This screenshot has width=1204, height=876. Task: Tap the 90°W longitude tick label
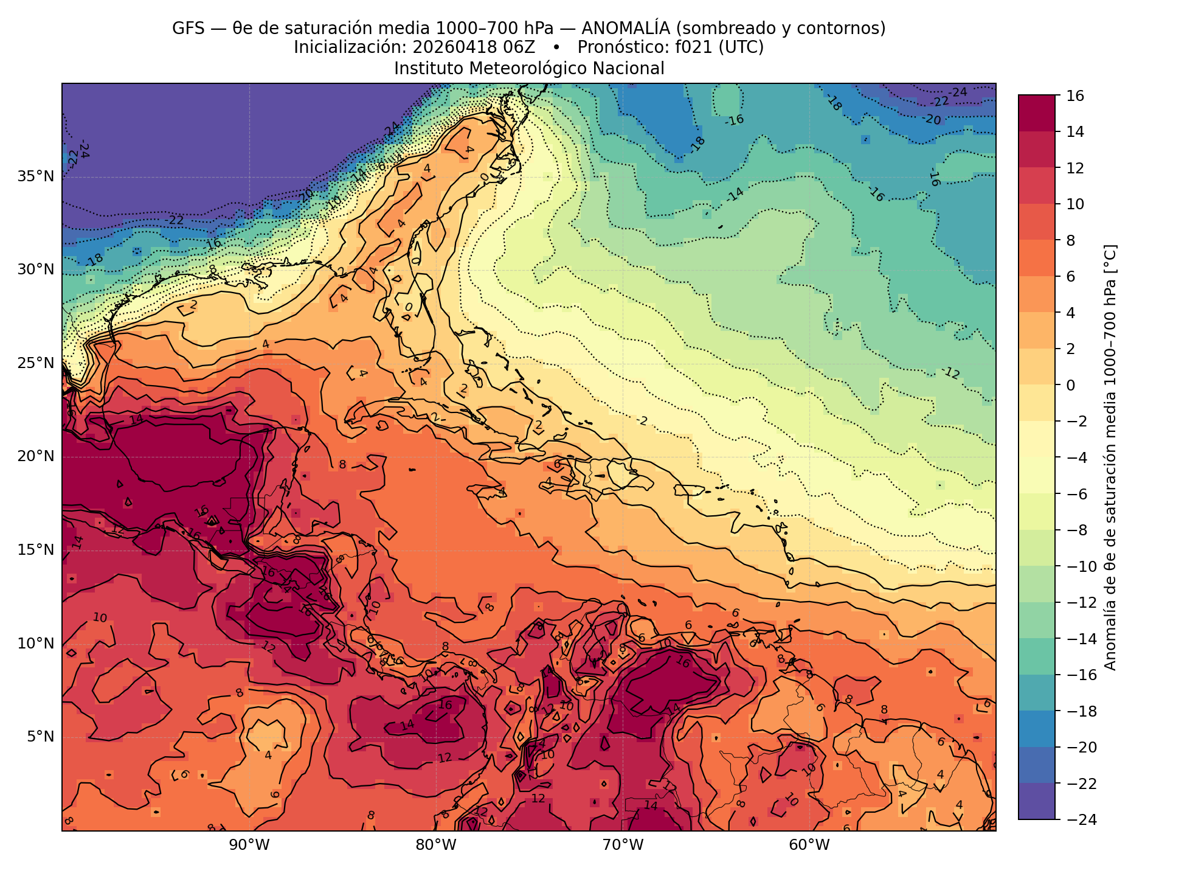coord(249,845)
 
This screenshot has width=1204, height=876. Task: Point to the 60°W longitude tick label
coord(809,845)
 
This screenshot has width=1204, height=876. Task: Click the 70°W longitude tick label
coord(622,845)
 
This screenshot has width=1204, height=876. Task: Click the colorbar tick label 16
coord(1074,96)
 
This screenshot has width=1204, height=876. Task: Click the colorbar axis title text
coord(1110,457)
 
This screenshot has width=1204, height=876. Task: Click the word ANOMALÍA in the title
coord(617,29)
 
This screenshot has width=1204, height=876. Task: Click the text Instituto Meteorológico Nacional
coord(529,68)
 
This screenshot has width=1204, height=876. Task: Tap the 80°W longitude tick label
coord(436,845)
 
